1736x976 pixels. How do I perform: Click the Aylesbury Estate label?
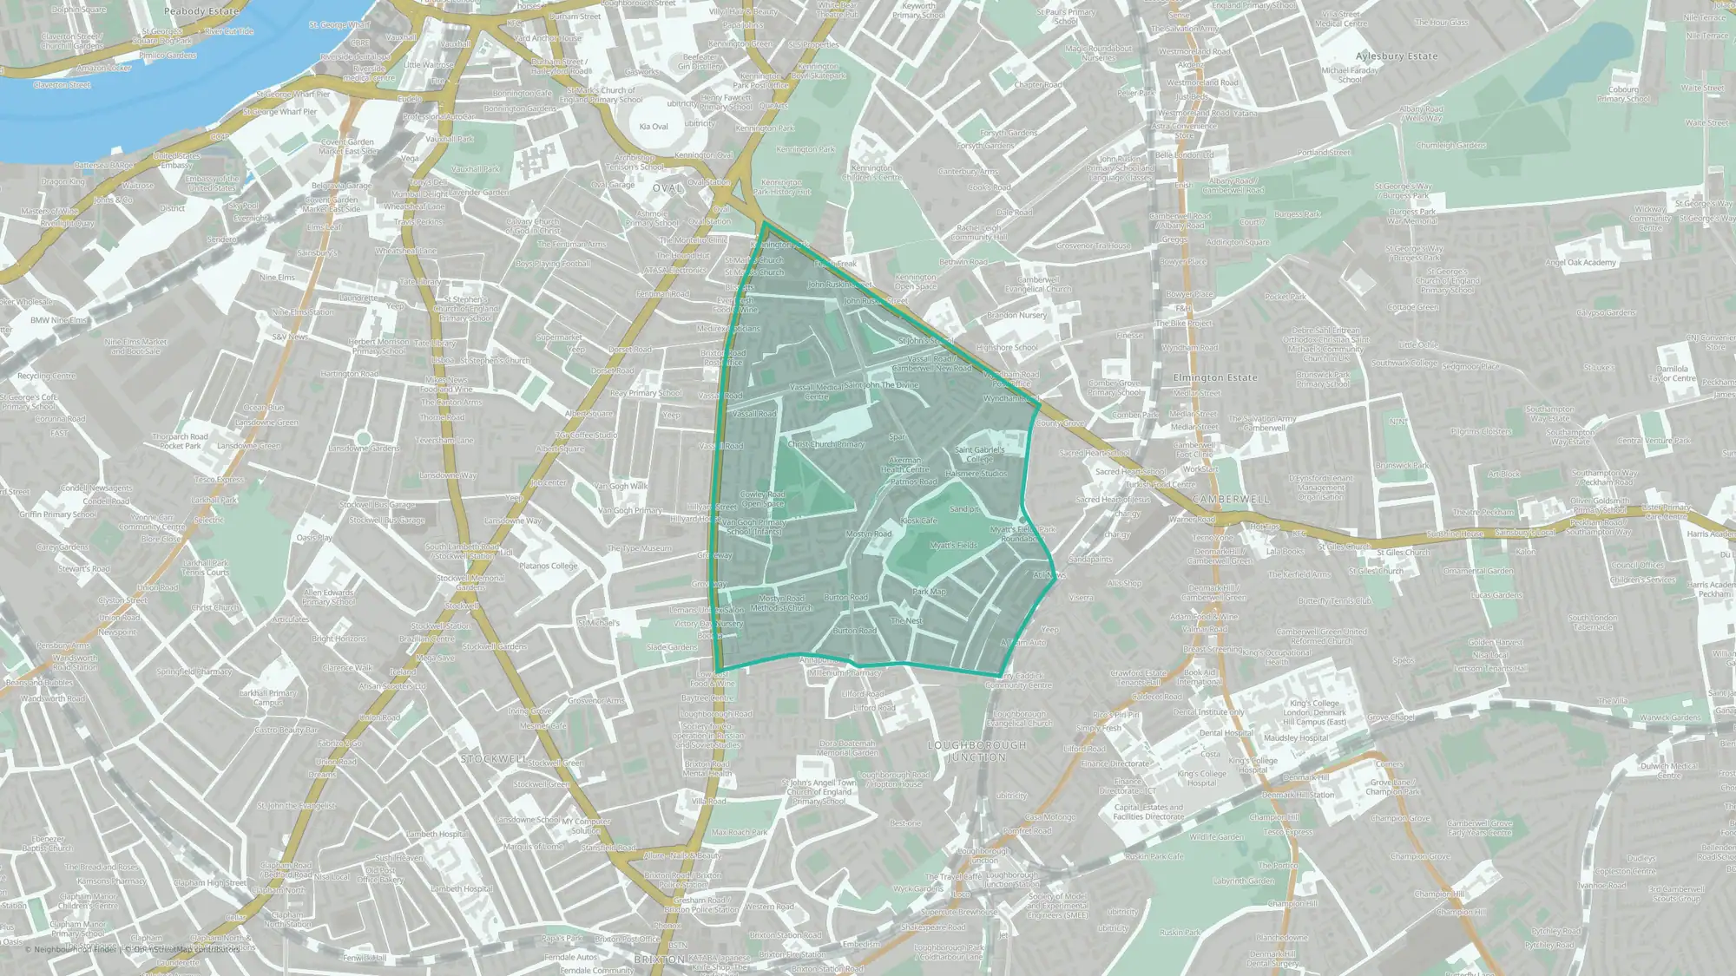tap(1397, 56)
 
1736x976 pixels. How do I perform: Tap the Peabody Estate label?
tap(201, 11)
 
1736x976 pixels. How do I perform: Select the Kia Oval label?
tap(654, 127)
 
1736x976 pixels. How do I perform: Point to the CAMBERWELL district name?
tap(1231, 500)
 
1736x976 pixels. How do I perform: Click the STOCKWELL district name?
tap(493, 758)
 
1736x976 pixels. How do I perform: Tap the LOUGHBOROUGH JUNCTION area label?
tap(976, 751)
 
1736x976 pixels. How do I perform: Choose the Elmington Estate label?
tap(1214, 378)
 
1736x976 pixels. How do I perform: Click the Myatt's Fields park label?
tap(953, 546)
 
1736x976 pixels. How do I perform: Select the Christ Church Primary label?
tap(825, 444)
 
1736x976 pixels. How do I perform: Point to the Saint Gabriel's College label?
tap(979, 454)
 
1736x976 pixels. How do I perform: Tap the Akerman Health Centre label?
tap(905, 465)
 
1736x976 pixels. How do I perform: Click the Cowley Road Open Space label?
tap(762, 499)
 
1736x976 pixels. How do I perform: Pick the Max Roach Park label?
tap(740, 832)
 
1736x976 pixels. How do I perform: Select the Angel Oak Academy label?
tap(1580, 263)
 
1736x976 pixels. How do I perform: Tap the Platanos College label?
tap(548, 566)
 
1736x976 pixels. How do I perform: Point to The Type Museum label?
tap(639, 548)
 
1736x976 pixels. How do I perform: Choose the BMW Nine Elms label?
tap(59, 320)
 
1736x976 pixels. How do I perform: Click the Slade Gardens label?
tap(671, 647)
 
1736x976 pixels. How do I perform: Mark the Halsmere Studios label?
tap(976, 474)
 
